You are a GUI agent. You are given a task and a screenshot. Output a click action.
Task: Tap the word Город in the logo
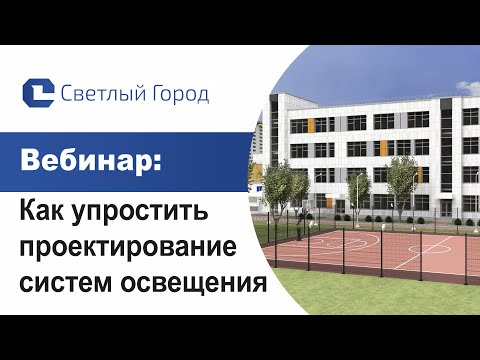coord(179,95)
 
